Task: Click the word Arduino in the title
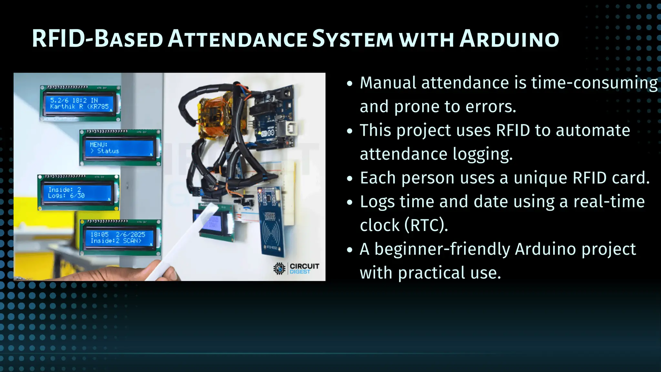click(x=509, y=39)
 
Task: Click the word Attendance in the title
click(x=238, y=39)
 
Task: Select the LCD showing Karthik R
click(x=80, y=103)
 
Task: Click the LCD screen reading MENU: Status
click(x=120, y=148)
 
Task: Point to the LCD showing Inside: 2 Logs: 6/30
click(x=78, y=192)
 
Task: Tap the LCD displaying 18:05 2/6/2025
click(x=120, y=237)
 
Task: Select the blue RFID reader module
click(x=272, y=223)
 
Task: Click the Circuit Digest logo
click(x=296, y=268)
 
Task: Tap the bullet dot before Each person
click(x=350, y=179)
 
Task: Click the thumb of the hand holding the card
click(x=168, y=274)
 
